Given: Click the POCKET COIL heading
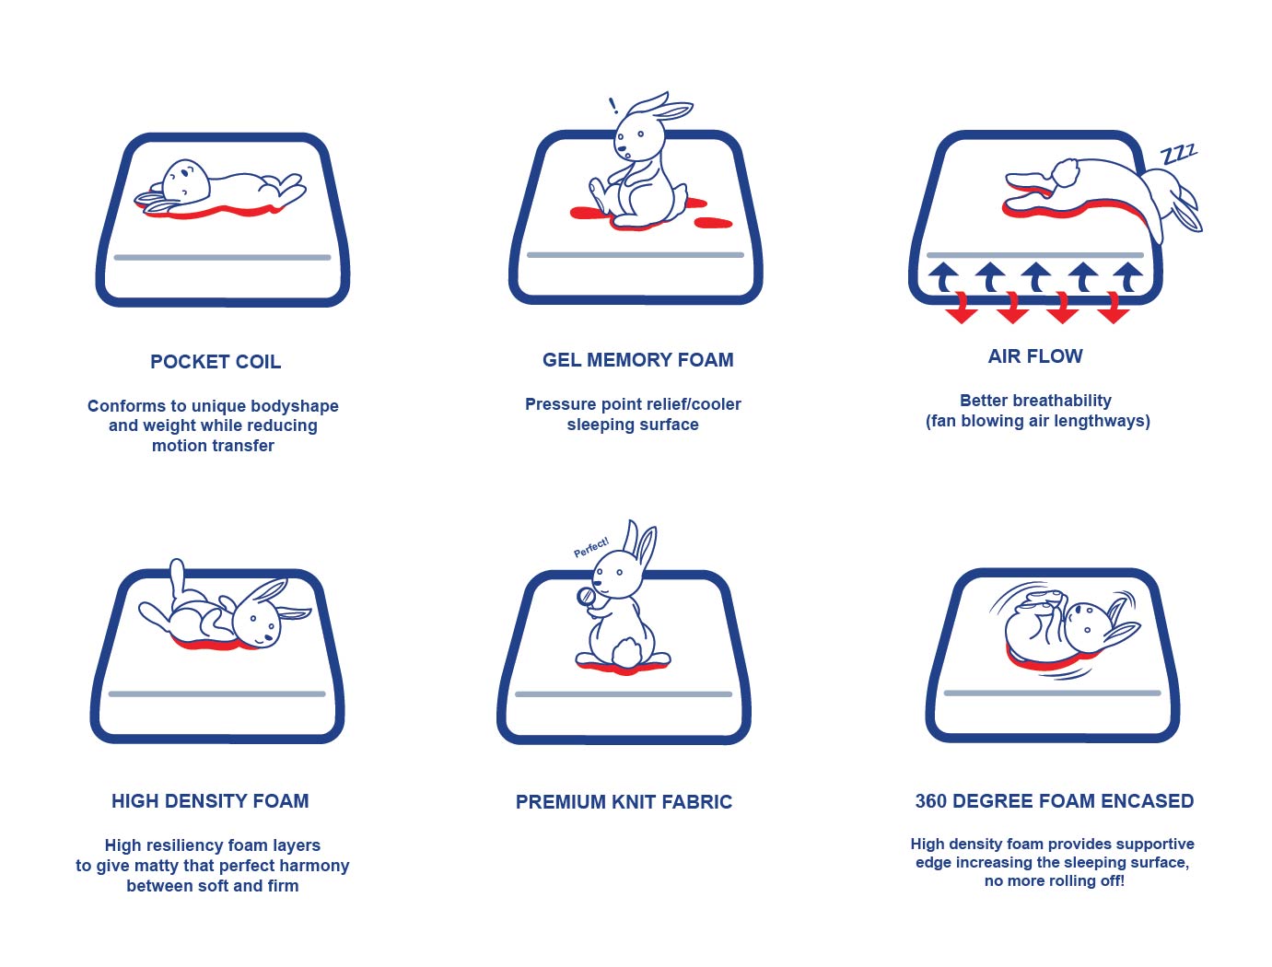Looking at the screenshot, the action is click(215, 362).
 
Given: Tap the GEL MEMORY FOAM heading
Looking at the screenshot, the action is click(637, 360).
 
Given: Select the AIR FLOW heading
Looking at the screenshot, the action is click(1035, 355).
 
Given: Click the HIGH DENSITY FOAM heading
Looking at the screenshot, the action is click(210, 800).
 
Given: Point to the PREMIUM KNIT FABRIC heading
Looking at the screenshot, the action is click(624, 802).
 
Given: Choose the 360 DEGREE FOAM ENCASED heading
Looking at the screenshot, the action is click(1054, 800).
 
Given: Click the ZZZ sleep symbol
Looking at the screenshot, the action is click(1178, 154).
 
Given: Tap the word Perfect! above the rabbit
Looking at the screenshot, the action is click(590, 547).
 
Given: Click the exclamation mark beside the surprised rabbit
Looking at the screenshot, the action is click(613, 106).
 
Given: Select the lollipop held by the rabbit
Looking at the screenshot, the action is click(588, 600).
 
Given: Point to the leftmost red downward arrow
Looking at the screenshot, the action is click(961, 308).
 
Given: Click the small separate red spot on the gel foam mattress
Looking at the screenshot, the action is click(713, 223).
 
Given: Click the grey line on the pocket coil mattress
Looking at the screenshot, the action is click(223, 257).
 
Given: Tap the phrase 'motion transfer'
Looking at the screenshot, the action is click(213, 446).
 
